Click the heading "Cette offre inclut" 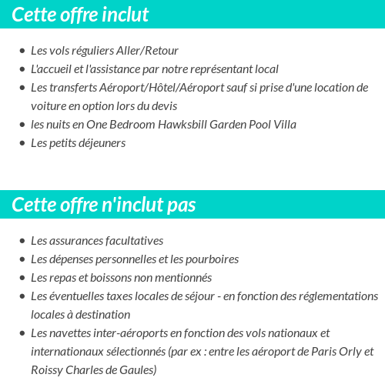pos(80,15)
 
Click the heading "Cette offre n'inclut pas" pos(104,205)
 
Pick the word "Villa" pos(281,125)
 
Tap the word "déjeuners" pos(99,143)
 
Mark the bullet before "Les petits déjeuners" pos(22,143)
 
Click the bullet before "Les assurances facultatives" pos(22,241)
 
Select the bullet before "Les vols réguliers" pos(22,51)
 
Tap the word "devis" pos(162,106)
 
